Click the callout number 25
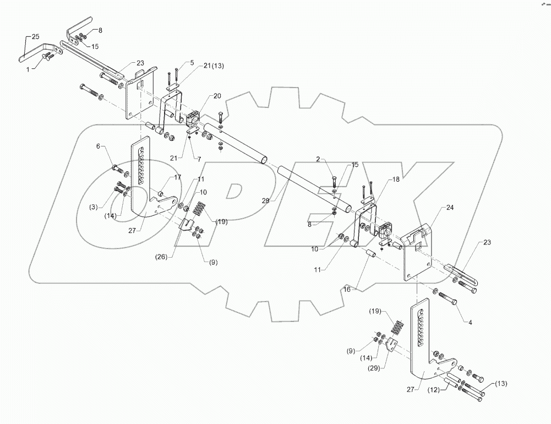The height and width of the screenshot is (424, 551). pyautogui.click(x=35, y=36)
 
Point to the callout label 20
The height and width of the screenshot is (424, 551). pyautogui.click(x=217, y=96)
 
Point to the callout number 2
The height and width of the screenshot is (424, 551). pyautogui.click(x=318, y=159)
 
